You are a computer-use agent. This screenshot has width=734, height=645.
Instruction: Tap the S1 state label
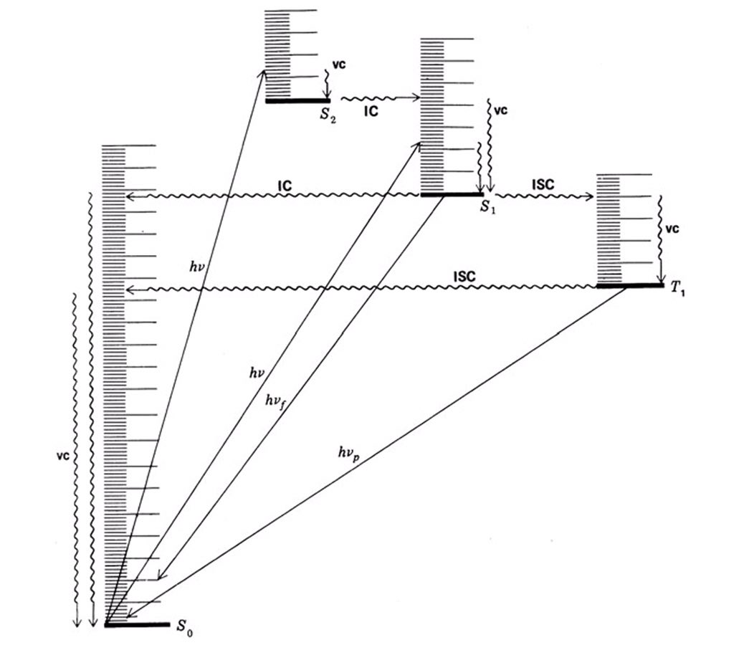(488, 207)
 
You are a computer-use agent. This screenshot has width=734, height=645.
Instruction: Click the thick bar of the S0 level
(137, 624)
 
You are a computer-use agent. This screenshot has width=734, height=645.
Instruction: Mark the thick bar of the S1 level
(452, 194)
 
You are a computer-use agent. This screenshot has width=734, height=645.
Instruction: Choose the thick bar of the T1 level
(630, 286)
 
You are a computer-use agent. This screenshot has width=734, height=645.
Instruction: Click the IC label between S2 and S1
(372, 113)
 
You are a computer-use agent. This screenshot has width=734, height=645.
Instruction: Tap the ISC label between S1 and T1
(543, 184)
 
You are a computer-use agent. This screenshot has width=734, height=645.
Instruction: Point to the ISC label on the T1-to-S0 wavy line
(466, 276)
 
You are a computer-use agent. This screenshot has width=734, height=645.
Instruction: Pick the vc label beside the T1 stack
(671, 230)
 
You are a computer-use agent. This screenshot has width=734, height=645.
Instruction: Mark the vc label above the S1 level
(501, 111)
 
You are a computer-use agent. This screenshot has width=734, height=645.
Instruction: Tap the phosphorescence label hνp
(351, 453)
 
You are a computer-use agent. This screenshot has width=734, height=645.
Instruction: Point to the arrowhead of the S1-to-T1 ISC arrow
(594, 197)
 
